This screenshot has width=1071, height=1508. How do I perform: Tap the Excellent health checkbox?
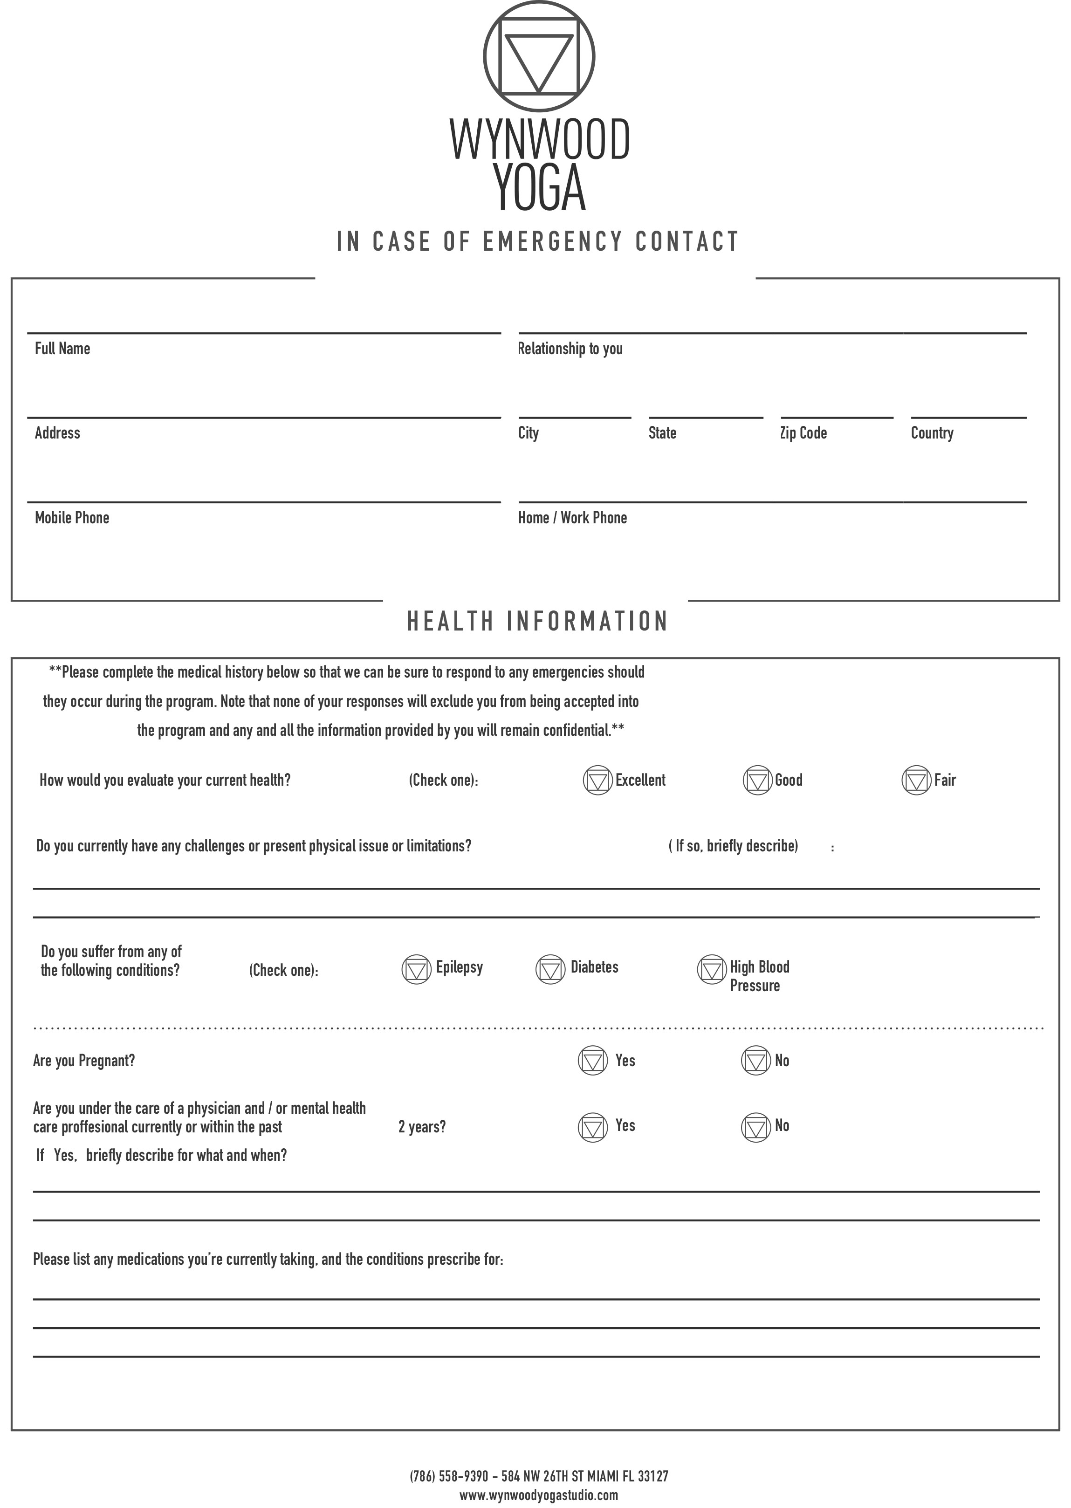pos(597,780)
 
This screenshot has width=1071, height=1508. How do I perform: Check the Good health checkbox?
pos(757,780)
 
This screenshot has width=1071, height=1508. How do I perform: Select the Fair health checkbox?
pos(916,780)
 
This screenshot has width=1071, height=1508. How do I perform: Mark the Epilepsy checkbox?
pos(416,969)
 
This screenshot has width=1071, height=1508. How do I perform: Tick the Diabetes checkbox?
pos(551,969)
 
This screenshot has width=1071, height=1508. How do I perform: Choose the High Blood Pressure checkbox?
pos(712,969)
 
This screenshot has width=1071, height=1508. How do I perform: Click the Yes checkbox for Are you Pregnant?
pos(592,1060)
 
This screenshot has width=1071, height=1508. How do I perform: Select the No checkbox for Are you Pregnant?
pos(756,1060)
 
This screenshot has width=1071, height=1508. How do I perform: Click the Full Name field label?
pos(62,349)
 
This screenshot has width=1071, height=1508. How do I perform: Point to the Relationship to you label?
pos(570,349)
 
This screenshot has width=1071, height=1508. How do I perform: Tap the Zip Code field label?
pos(803,433)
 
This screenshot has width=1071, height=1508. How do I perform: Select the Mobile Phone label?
pos(72,518)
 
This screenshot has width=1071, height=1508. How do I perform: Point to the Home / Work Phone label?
pos(572,518)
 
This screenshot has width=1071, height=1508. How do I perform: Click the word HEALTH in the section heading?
pos(450,622)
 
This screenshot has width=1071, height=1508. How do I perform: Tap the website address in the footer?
pos(539,1495)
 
